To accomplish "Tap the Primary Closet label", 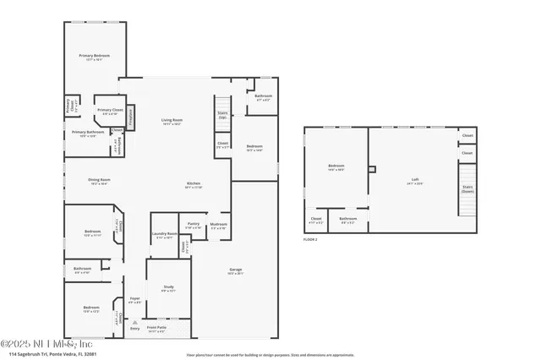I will pyautogui.click(x=110, y=110).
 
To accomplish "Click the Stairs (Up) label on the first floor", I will pyautogui.click(x=223, y=114).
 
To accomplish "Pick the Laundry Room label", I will pyautogui.click(x=165, y=234).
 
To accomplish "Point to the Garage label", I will pyautogui.click(x=235, y=270).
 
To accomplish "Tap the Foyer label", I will pyautogui.click(x=134, y=299).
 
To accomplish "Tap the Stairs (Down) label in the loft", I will pyautogui.click(x=467, y=189).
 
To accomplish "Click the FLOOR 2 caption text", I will pyautogui.click(x=309, y=240).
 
